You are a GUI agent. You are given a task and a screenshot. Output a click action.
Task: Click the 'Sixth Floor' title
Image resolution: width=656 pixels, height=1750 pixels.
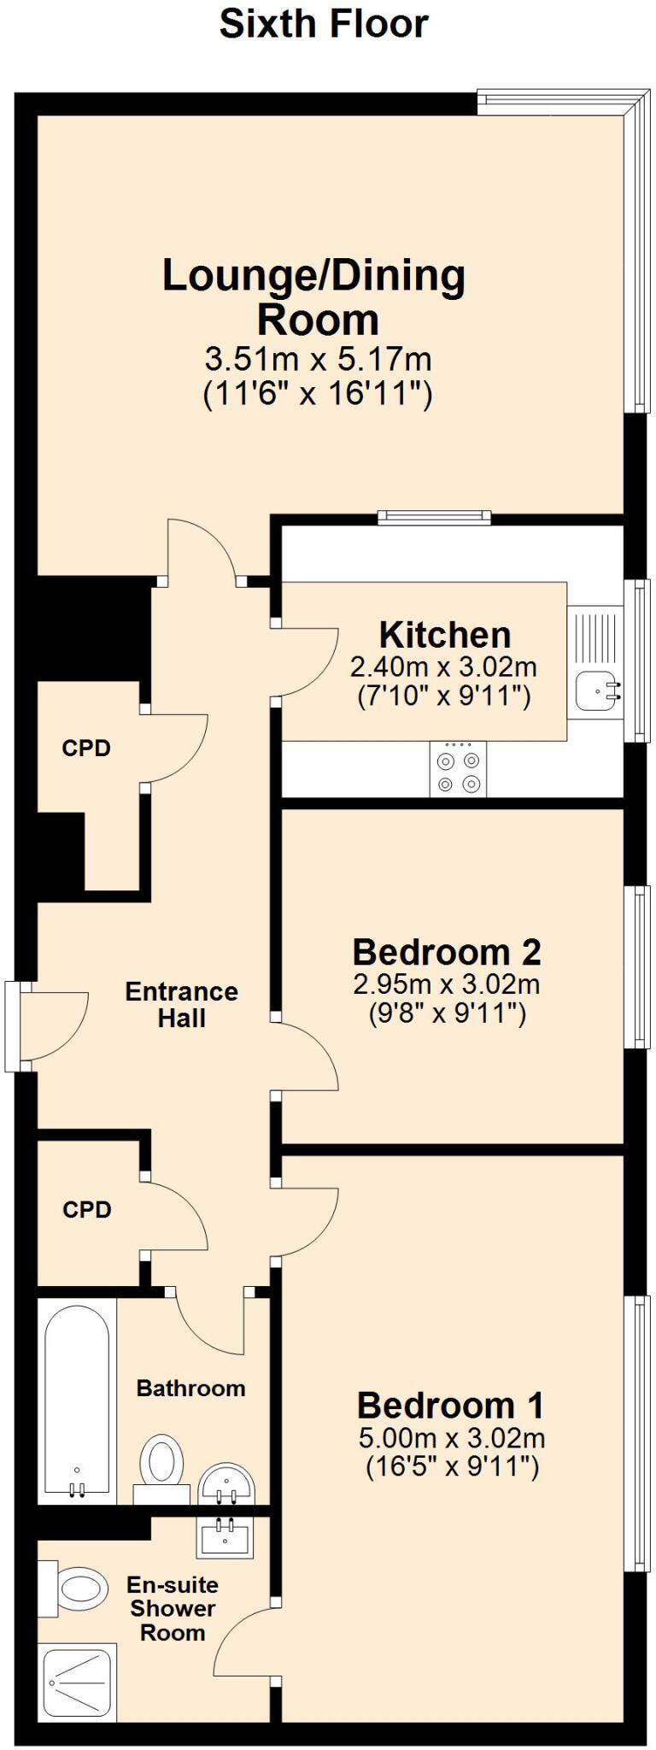pyautogui.click(x=324, y=24)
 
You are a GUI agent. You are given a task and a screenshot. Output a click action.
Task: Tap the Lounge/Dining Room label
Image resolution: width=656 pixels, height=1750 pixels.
pyautogui.click(x=314, y=297)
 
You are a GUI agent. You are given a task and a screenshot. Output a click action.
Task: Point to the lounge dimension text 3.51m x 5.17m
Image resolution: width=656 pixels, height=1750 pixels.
pyautogui.click(x=318, y=357)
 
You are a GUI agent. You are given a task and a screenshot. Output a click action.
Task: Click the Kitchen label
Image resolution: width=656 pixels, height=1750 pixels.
pyautogui.click(x=445, y=635)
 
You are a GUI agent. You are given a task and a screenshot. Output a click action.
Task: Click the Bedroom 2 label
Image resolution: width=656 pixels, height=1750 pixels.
pyautogui.click(x=446, y=951)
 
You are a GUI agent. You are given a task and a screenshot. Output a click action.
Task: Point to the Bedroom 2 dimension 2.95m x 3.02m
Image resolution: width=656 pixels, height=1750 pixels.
pyautogui.click(x=446, y=984)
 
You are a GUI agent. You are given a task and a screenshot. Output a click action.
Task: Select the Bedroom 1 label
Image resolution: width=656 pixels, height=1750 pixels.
pyautogui.click(x=450, y=1406)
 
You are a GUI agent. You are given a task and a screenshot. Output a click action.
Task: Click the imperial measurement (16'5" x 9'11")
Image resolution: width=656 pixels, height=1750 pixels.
pyautogui.click(x=452, y=1467)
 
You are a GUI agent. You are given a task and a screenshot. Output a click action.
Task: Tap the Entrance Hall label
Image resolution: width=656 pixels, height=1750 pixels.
pyautogui.click(x=181, y=1005)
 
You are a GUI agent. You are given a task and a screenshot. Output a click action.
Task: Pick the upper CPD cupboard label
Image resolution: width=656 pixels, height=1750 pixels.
pyautogui.click(x=86, y=749)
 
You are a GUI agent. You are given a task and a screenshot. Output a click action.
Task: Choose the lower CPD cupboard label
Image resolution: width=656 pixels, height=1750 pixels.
pyautogui.click(x=87, y=1210)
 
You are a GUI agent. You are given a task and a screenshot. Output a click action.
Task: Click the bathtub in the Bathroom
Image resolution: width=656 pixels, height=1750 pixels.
pyautogui.click(x=77, y=1401)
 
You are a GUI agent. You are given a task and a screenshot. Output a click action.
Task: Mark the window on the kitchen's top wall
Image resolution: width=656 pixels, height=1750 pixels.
pyautogui.click(x=435, y=516)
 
